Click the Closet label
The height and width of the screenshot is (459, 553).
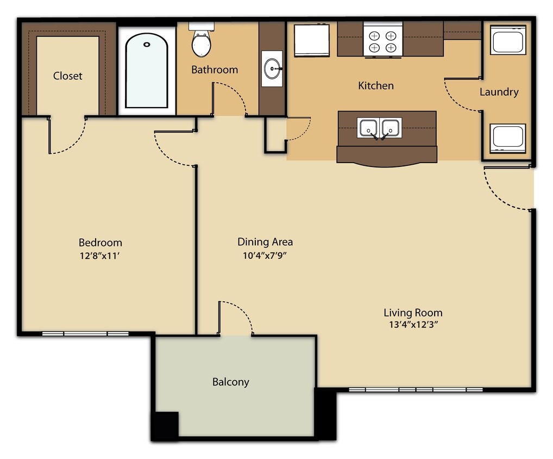[68, 76]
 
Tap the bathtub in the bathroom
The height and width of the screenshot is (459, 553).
[146, 71]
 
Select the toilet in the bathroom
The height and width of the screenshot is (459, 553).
[201, 42]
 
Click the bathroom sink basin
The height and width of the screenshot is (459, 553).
[272, 69]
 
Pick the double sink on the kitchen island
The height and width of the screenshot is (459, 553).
[380, 128]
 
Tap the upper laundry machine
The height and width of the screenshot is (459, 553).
[508, 40]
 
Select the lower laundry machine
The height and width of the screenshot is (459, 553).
[508, 138]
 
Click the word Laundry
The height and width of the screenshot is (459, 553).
[499, 92]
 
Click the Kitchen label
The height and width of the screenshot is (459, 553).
[376, 85]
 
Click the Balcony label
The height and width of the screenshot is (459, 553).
[230, 382]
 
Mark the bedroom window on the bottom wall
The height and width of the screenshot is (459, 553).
[85, 333]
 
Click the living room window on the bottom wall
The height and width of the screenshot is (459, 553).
[416, 389]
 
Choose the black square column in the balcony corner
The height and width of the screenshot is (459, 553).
[165, 425]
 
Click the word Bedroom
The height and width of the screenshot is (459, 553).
[100, 243]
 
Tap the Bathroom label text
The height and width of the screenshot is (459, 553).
[215, 70]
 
